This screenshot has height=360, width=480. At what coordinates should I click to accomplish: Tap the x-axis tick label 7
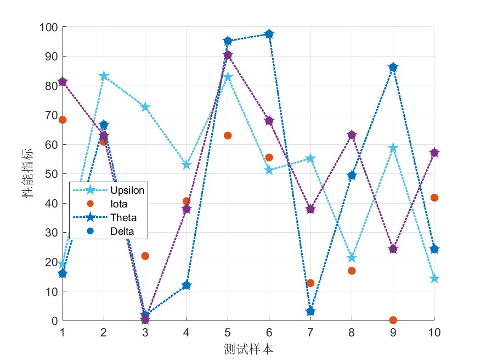[310, 333]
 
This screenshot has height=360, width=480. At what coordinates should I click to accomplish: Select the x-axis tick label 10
[434, 333]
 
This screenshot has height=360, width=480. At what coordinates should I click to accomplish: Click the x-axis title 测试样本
[248, 349]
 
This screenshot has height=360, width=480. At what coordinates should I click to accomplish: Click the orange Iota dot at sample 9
[393, 320]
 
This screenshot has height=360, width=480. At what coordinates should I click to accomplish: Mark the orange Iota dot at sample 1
[63, 120]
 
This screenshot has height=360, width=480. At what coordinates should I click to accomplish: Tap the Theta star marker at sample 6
[269, 34]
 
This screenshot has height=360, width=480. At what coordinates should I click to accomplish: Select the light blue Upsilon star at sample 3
[145, 107]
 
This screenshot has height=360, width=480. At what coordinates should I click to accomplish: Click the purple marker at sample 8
[352, 135]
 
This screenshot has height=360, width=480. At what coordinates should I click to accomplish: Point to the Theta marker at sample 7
[310, 312]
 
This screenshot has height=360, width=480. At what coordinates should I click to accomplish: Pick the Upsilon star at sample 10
[434, 279]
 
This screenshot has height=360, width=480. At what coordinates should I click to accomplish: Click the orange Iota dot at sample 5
[228, 136]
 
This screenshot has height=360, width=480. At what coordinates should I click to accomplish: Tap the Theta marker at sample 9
[393, 67]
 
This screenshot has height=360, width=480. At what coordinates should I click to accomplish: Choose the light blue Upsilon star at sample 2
[104, 76]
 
